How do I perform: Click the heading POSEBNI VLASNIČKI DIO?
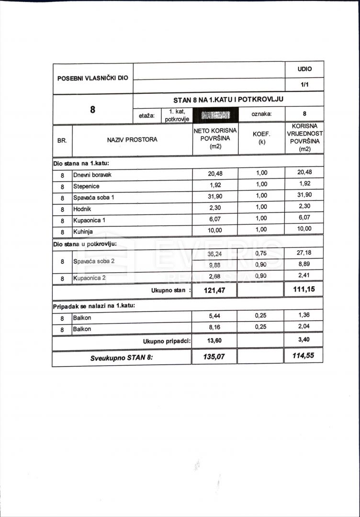coord(92,78)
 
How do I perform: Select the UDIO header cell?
coord(304,69)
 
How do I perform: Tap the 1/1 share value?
coord(304,84)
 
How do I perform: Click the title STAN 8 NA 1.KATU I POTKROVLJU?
coord(228,100)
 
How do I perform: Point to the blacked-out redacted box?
coord(216,115)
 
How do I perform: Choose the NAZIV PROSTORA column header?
coord(132,140)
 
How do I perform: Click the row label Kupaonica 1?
coord(89,221)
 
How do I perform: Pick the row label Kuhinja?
coord(83,232)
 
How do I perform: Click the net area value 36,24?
coord(215,254)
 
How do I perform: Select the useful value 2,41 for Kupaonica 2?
coord(304,277)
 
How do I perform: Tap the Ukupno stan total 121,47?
coord(214,290)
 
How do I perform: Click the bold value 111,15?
coord(304,289)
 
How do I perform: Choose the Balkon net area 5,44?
coord(215,316)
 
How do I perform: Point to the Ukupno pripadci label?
coord(167,341)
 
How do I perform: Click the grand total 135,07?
coord(214,356)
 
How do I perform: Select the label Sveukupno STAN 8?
coord(122,358)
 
